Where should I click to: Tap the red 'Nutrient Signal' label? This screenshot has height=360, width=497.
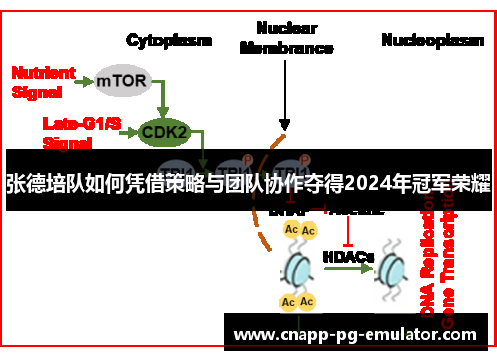pyautogui.click(x=41, y=81)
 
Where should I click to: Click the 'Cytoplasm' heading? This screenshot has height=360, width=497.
pyautogui.click(x=169, y=40)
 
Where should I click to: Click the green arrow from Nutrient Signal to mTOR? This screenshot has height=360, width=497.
pyautogui.click(x=83, y=80)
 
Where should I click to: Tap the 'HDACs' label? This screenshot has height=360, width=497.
pyautogui.click(x=348, y=256)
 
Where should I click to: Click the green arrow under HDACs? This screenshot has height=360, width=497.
pyautogui.click(x=348, y=270)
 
